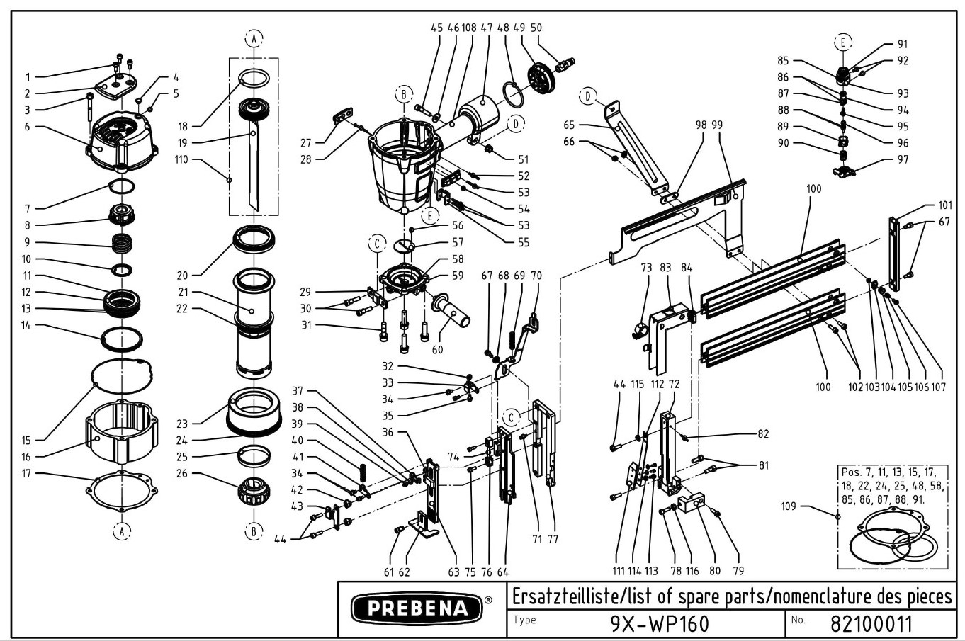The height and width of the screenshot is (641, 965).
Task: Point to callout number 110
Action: (181, 159)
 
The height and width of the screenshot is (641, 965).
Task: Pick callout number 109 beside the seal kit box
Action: (788, 506)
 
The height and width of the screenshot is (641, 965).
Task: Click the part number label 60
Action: (438, 349)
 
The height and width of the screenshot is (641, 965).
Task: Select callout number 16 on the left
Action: (26, 457)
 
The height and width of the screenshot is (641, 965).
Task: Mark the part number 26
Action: (182, 473)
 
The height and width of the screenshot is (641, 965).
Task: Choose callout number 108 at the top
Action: (468, 28)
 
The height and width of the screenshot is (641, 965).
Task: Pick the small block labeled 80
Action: (694, 505)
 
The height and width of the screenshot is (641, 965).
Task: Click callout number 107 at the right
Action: (939, 387)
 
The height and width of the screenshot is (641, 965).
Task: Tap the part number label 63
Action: (454, 572)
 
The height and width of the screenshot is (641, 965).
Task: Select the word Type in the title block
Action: (525, 620)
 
